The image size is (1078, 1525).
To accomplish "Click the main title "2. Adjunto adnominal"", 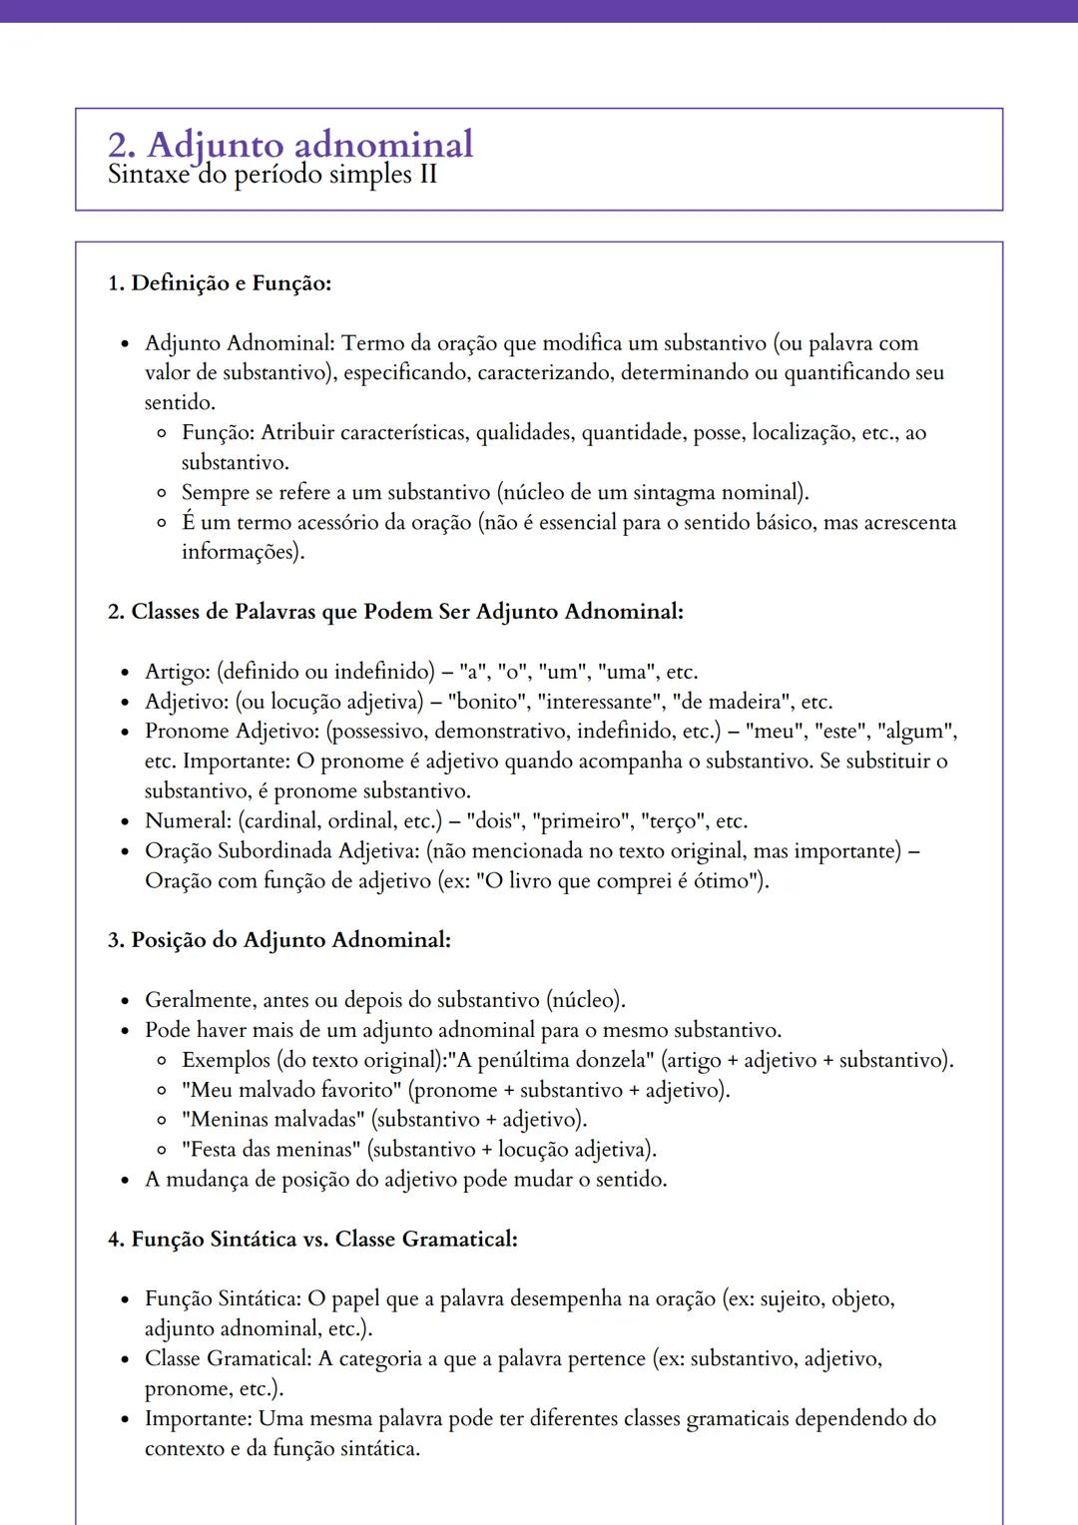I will (290, 145).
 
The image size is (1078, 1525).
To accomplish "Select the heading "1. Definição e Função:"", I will (220, 283).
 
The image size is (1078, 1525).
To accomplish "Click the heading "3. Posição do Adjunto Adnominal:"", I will (279, 940).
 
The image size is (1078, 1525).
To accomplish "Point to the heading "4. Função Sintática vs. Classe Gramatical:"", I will (312, 1240).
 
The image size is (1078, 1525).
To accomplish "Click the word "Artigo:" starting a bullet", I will (178, 672).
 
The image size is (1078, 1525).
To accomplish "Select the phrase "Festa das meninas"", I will (270, 1150).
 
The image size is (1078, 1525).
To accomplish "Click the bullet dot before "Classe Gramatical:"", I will (125, 1360).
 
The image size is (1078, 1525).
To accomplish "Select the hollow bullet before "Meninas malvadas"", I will (161, 1121).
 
